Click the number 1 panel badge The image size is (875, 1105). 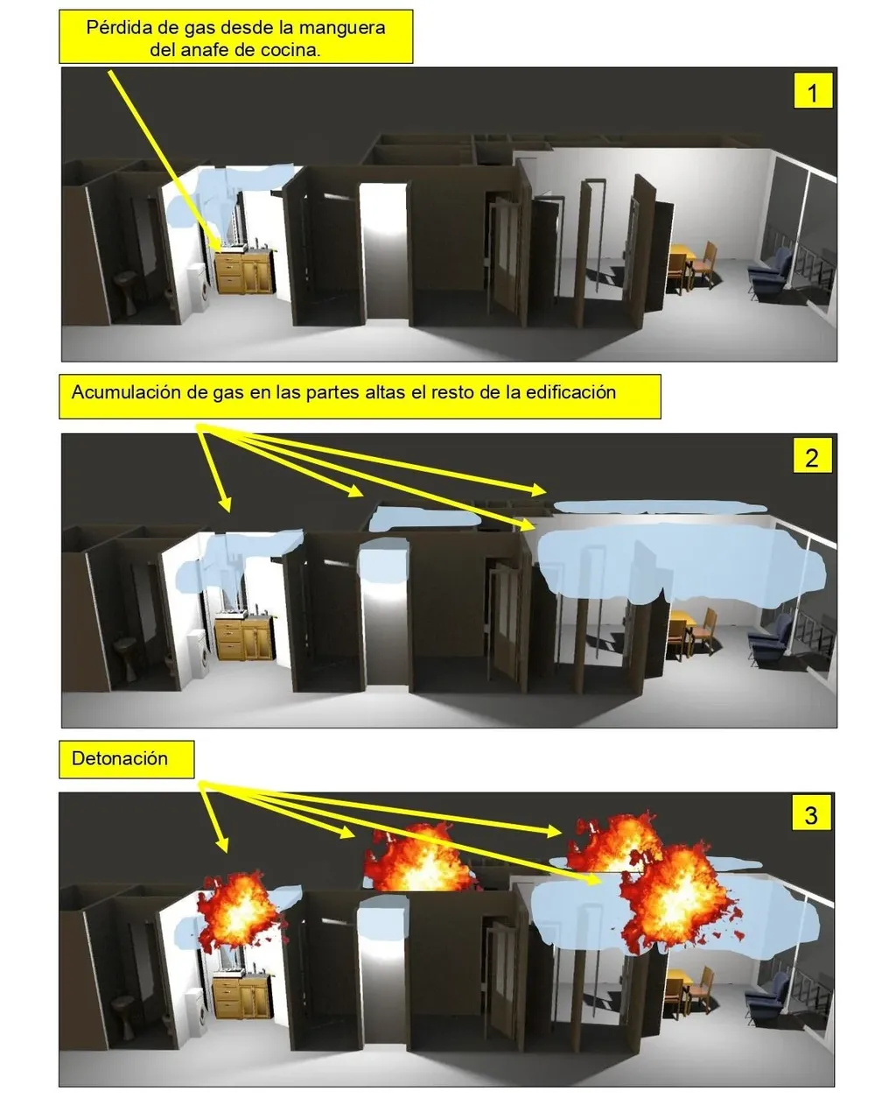812,92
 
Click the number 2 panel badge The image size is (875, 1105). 811,457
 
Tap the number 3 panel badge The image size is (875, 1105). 810,815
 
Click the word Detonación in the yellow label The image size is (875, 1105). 120,758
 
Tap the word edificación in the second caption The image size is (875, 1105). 570,391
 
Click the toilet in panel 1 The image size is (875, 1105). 126,289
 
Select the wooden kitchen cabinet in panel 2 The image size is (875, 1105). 244,638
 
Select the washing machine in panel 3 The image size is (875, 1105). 200,1007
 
